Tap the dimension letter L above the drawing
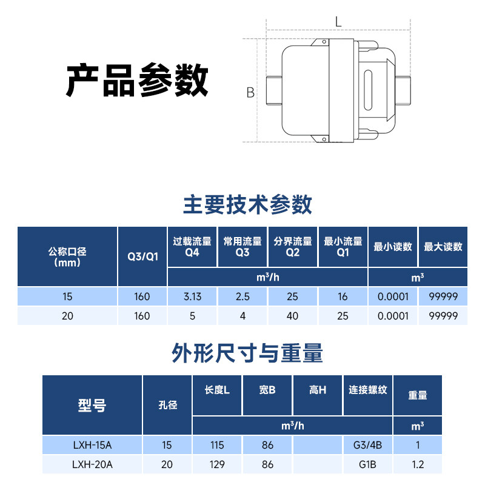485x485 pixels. pos(338,21)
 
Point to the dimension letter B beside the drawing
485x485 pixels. pos(250,93)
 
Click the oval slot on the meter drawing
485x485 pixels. pos(367,91)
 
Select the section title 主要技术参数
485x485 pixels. pos(247,204)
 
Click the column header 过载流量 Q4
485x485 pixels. pos(192,246)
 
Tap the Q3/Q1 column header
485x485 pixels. pos(142,256)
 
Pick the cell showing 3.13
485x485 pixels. pos(192,297)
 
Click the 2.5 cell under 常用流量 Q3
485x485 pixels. pos(242,297)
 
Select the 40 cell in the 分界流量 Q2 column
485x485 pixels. pos(292,316)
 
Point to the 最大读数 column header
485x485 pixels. pos(443,247)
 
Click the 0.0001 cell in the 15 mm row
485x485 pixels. pos(393,297)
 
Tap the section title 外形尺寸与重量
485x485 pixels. pos(247,352)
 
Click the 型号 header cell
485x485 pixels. pos(92,405)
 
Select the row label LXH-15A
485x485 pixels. pos(92,446)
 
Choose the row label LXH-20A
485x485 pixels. pos(92,464)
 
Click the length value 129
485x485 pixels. pos(216,464)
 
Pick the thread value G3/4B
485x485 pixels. pos(367,446)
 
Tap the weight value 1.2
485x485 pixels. pos(418,464)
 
